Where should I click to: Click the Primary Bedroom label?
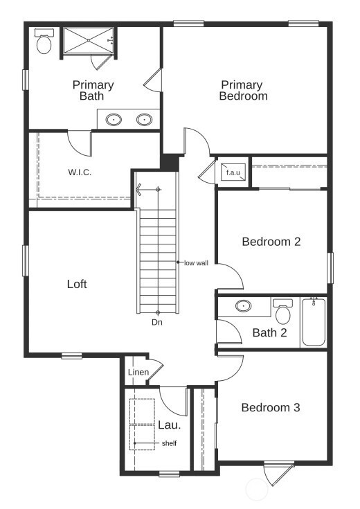coord(242,91)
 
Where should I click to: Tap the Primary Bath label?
coord(93,91)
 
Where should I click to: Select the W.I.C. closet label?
coord(80,172)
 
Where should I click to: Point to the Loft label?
coord(77,284)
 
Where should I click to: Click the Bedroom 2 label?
coord(271,242)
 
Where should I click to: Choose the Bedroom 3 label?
coord(270,407)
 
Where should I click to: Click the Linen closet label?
coord(138,373)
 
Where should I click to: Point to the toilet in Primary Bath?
coord(44,43)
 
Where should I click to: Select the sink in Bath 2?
coord(243,305)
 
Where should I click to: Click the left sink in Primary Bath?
coord(114,120)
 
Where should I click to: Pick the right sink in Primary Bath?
coord(144,120)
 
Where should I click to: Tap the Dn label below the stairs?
coord(157,322)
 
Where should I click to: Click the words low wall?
coord(196,262)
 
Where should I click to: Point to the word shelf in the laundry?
coord(169,443)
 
